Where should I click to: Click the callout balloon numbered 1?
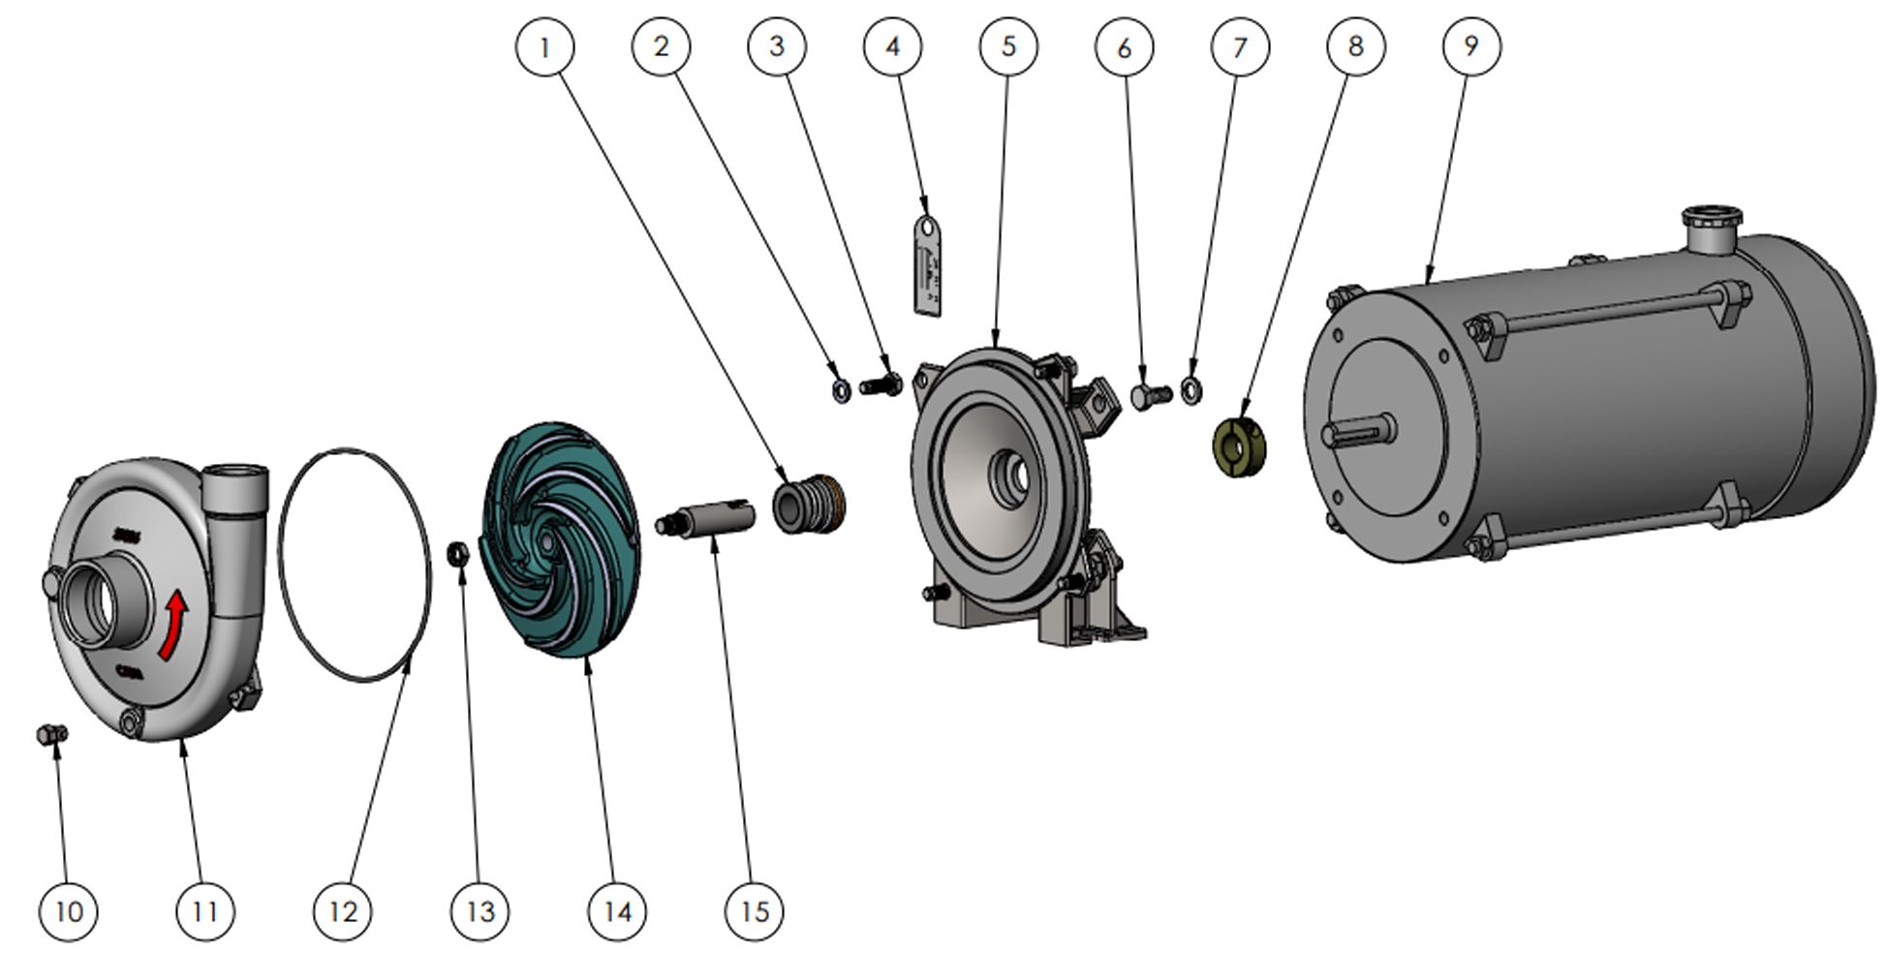[544, 46]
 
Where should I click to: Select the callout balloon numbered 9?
[1471, 46]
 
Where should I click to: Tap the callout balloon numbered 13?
[479, 910]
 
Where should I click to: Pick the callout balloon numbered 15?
[755, 910]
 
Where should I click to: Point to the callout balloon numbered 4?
[892, 46]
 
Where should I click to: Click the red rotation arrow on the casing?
[174, 626]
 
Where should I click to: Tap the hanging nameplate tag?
[928, 267]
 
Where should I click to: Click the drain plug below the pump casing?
[50, 734]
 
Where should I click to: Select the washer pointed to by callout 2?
[842, 390]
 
